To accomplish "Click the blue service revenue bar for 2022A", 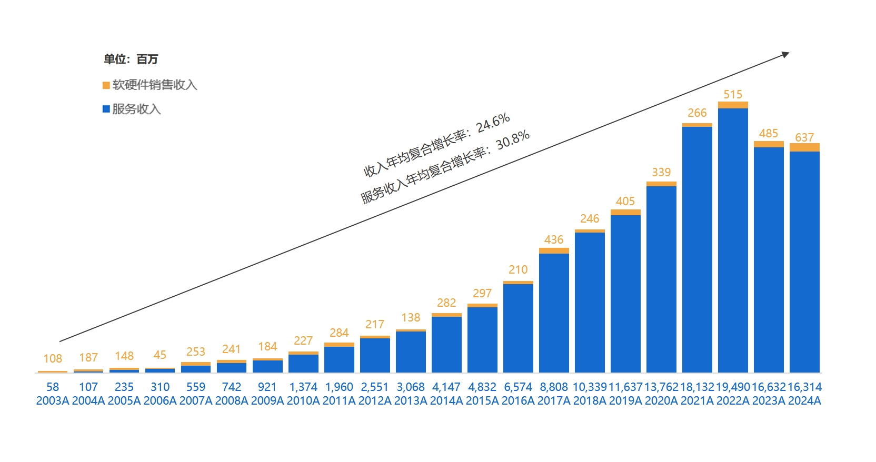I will pos(733,240).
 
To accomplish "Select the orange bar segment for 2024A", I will pos(804,147).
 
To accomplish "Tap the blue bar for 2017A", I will pos(554,313).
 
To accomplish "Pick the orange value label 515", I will pos(733,95).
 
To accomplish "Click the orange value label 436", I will pos(554,240).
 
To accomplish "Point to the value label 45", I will pos(160,355).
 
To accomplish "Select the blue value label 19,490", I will pos(733,387).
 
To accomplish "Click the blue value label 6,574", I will pos(518,387).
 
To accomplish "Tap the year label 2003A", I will pos(53,401).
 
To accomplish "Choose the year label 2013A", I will pos(411,401).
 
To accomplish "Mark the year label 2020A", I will pos(661,401).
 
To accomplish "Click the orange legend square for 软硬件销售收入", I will pos(106,85).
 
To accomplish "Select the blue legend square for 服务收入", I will pos(106,109).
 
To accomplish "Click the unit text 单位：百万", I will pos(131,59).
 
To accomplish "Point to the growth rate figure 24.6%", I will pos(493,123).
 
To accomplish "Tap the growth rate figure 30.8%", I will pos(513,140).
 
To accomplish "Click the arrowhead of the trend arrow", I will pos(785,54).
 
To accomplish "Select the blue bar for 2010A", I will pos(303,363).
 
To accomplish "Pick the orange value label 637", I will pos(804,138).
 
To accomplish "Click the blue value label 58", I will pos(53,387).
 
